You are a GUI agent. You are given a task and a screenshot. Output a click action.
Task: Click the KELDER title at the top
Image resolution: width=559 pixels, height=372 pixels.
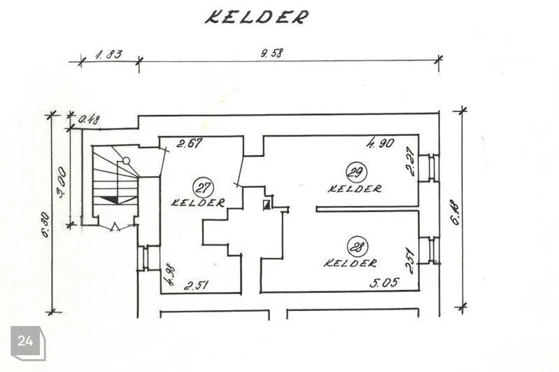(x=256, y=16)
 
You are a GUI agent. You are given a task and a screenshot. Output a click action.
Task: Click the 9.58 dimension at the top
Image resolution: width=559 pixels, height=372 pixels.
(x=272, y=53)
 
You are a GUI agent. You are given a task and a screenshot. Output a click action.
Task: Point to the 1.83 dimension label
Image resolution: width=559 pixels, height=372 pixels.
(x=109, y=55)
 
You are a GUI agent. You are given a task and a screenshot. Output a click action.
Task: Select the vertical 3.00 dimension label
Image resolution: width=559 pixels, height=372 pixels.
(x=61, y=183)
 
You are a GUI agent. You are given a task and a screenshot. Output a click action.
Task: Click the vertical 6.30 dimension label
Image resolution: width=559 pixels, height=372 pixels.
(x=46, y=224)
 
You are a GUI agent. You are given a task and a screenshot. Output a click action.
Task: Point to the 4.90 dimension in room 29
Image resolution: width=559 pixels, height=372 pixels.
(x=380, y=143)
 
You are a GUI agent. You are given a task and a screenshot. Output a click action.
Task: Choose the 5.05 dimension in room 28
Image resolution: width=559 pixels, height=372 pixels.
(x=384, y=283)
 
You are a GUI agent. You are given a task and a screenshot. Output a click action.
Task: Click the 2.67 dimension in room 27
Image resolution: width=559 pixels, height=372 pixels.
(x=189, y=144)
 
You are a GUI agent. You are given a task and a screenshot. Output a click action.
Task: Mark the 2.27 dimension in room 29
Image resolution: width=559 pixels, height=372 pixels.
(x=411, y=161)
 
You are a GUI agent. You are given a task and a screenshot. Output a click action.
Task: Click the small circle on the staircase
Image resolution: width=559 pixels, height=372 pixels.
(x=126, y=160)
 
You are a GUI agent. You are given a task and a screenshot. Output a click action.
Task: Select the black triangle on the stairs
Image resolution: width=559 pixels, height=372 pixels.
(x=109, y=199)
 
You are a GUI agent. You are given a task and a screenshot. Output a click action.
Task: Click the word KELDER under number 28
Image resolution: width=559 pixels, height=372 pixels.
(x=350, y=263)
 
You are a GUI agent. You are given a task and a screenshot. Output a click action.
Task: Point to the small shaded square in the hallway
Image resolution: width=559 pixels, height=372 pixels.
(x=266, y=205)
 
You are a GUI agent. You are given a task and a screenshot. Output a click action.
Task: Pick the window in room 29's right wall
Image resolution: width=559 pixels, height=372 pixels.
(x=429, y=168)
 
